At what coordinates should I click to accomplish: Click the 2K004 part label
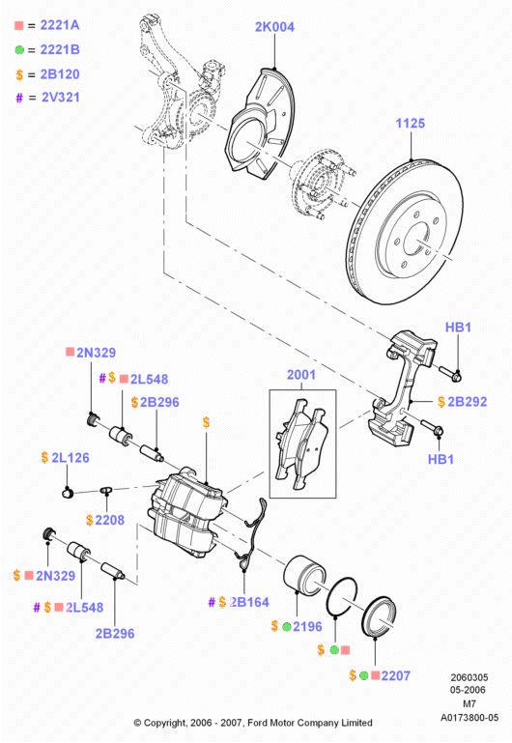tap(274, 27)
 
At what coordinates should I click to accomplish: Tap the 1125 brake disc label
tap(411, 124)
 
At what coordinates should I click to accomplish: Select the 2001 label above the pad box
tap(301, 375)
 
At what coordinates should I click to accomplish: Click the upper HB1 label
tap(458, 327)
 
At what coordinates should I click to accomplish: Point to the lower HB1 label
tap(441, 459)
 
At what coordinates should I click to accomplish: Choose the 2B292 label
tap(467, 402)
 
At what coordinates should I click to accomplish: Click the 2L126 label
tap(71, 458)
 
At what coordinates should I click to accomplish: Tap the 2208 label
tap(109, 520)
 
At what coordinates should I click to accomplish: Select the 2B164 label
tap(249, 602)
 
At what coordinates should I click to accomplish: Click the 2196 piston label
tap(307, 627)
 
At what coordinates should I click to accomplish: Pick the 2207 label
tap(396, 675)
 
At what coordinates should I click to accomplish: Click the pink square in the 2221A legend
tap(19, 25)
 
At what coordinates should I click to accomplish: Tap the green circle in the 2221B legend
tap(19, 49)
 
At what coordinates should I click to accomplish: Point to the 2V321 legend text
tap(61, 98)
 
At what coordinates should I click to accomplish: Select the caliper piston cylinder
tap(304, 574)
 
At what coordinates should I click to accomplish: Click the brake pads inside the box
tap(302, 443)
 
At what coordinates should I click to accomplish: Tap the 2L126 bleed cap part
tap(68, 493)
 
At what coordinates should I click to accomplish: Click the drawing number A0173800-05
tap(469, 718)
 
